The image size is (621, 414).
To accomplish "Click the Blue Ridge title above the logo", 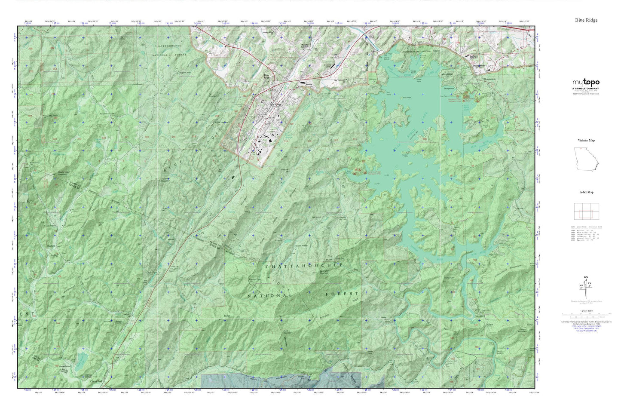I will tap(586, 20).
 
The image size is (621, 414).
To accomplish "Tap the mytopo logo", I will tap(586, 82).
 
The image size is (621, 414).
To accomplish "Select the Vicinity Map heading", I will tap(586, 141).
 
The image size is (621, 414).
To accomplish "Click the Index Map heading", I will tap(586, 192).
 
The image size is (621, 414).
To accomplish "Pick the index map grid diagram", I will tap(586, 211).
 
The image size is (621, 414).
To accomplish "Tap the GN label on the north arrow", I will tap(586, 277).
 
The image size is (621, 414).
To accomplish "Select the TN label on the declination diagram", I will tap(590, 284).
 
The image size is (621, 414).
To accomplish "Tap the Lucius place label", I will tap(126, 314).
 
